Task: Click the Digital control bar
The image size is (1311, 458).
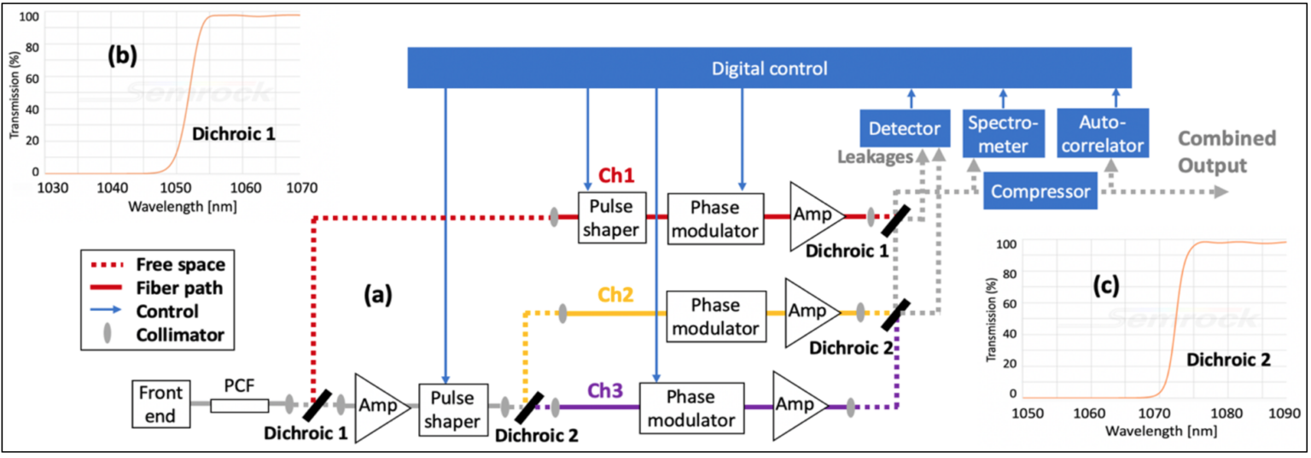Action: pyautogui.click(x=768, y=68)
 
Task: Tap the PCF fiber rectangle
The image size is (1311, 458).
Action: pyautogui.click(x=239, y=407)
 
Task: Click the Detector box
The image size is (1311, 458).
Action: pyautogui.click(x=904, y=129)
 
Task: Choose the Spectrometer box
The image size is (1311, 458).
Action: pyautogui.click(x=1003, y=132)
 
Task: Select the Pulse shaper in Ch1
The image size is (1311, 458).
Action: pyautogui.click(x=611, y=217)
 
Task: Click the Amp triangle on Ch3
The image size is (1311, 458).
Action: pyautogui.click(x=797, y=407)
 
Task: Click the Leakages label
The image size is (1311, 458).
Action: pyautogui.click(x=872, y=157)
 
